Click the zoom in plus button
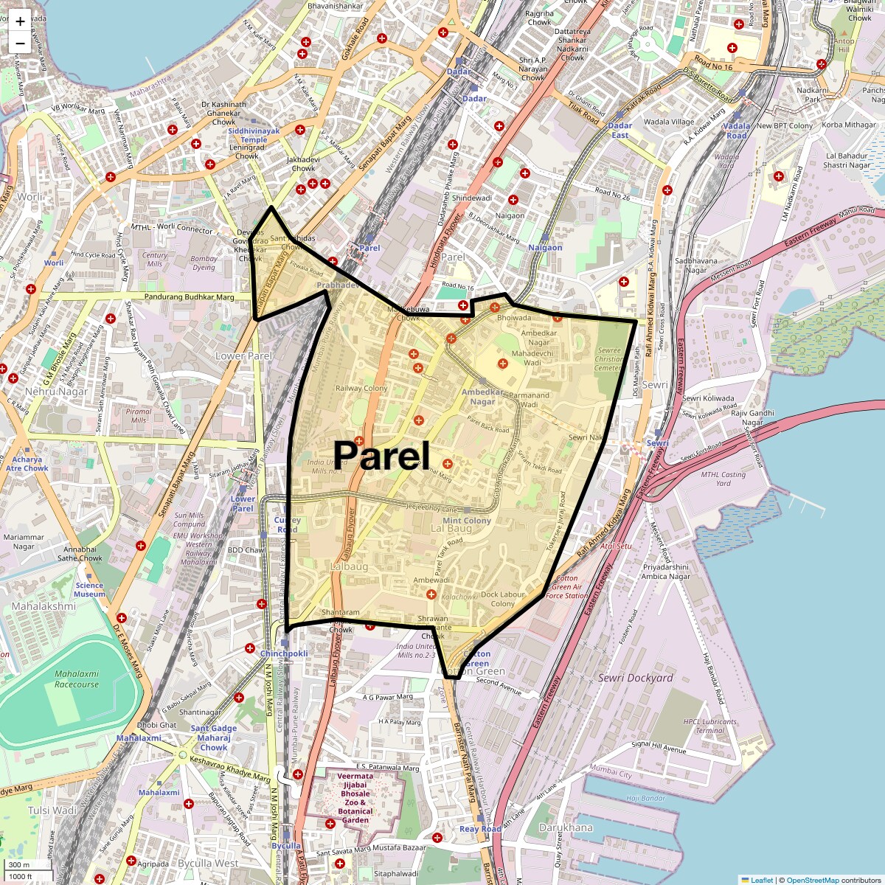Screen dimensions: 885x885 click(20, 21)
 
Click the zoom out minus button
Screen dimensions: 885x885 click(20, 43)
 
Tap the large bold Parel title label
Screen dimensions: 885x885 click(381, 455)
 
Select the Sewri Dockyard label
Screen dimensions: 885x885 click(635, 678)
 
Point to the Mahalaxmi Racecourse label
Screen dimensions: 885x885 click(76, 678)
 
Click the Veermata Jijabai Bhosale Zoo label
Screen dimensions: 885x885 click(355, 798)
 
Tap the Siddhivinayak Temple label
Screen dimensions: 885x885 click(254, 135)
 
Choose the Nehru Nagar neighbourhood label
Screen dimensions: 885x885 click(56, 392)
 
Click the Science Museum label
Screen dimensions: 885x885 click(89, 589)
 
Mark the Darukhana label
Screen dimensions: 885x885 click(566, 827)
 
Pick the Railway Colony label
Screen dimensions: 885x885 click(361, 388)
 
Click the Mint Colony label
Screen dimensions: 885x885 click(466, 521)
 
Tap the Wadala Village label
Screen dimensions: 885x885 click(669, 122)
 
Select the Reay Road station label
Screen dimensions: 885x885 click(480, 829)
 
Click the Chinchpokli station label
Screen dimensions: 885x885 click(284, 653)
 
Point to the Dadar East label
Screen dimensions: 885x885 click(620, 131)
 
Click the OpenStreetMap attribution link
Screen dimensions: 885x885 click(812, 880)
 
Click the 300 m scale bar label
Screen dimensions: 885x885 click(20, 864)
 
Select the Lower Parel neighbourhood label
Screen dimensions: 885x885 click(243, 356)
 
